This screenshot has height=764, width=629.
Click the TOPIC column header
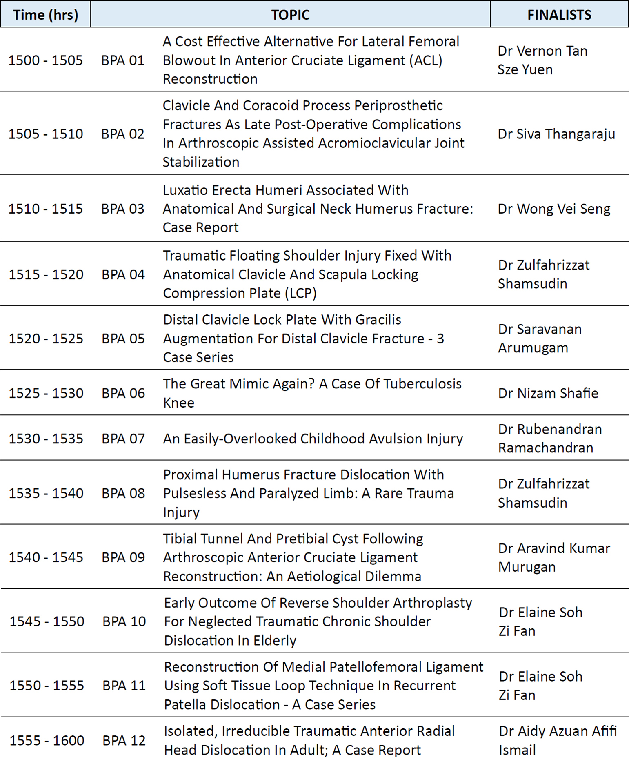(x=290, y=15)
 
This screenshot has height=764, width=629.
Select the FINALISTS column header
(x=559, y=15)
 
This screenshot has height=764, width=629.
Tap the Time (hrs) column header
(x=45, y=15)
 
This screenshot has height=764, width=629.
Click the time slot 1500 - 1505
(x=45, y=60)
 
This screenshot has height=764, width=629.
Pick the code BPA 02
(x=123, y=134)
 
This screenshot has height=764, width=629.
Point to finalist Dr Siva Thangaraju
(x=556, y=134)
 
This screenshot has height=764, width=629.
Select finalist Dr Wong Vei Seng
(x=554, y=209)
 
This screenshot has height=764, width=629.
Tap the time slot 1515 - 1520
(x=46, y=274)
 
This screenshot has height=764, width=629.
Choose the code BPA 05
(x=123, y=339)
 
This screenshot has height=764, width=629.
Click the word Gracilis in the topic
(x=378, y=320)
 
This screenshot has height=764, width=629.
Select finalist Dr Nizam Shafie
(x=548, y=393)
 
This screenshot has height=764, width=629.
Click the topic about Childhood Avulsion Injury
(x=313, y=439)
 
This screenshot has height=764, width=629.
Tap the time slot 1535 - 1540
(x=46, y=493)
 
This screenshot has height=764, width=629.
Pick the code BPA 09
(x=123, y=557)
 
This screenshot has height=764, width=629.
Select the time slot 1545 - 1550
(x=47, y=621)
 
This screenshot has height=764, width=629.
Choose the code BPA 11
(x=124, y=686)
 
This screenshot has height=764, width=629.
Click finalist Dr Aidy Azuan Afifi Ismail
(x=557, y=740)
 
